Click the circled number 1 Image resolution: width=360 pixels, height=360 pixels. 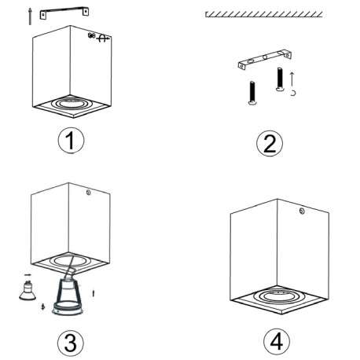coord(71,141)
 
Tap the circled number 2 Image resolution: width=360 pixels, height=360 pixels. coord(270,144)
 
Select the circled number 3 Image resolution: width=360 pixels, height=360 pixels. coord(71,343)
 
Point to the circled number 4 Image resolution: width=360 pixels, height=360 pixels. coord(277,341)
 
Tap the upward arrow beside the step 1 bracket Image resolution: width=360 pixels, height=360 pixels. coord(30,17)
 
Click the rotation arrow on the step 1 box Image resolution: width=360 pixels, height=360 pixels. coord(103,39)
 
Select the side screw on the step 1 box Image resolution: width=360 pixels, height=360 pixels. coord(91,35)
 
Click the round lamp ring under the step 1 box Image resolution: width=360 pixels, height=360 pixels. coord(70,104)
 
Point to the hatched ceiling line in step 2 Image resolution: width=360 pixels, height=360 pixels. coord(264,14)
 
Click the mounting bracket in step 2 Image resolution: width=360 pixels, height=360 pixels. coord(265,59)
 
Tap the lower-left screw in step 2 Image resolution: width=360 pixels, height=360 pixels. coord(252,93)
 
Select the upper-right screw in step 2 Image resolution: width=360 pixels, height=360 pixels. coord(280,79)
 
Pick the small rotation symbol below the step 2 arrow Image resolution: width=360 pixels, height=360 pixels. coord(293,93)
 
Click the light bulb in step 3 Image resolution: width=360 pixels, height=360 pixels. coord(28,290)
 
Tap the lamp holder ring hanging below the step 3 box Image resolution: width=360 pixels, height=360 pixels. coord(68,308)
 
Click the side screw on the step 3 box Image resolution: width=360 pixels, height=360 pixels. coord(88,193)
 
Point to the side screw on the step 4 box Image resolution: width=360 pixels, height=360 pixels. coord(302,211)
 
